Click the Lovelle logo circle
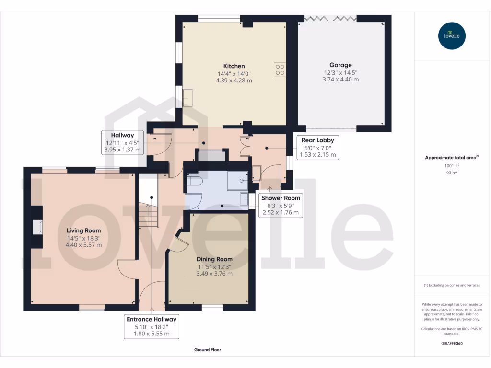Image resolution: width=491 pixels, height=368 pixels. (x=452, y=36)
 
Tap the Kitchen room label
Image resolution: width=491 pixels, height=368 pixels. (x=234, y=66)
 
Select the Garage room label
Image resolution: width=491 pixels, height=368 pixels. (x=340, y=65)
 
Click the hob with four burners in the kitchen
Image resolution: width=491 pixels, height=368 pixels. (x=280, y=70)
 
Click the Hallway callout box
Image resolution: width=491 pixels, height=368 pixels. (x=122, y=142)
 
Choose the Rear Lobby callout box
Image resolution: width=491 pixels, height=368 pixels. (x=318, y=147)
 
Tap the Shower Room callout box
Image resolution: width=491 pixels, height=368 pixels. (x=281, y=205)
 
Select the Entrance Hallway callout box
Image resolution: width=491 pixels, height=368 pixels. (x=151, y=326)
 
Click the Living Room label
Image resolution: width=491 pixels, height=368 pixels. (x=83, y=230)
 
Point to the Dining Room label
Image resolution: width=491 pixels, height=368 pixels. (x=214, y=259)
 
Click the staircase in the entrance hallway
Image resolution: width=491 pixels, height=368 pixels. (x=148, y=214)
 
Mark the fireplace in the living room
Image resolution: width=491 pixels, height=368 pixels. (x=37, y=227)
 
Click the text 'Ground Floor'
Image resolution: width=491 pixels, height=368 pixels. (x=208, y=350)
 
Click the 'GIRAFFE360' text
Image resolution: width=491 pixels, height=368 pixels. (x=452, y=344)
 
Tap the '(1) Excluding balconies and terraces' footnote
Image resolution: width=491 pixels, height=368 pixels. (x=452, y=285)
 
